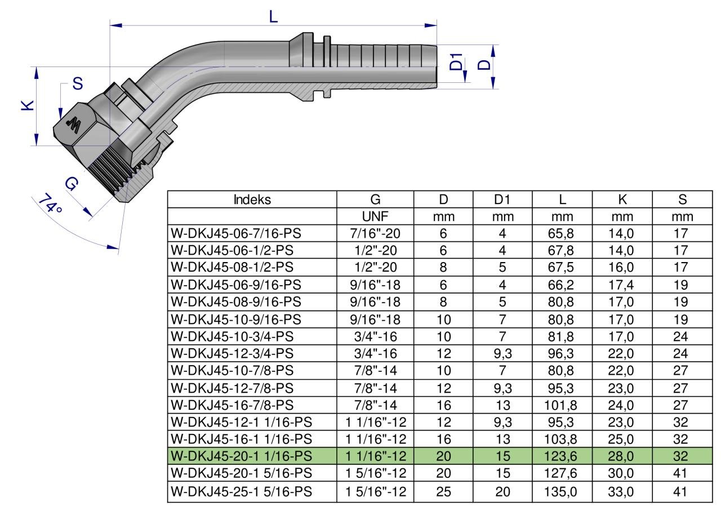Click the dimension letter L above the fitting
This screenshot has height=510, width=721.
point(273,16)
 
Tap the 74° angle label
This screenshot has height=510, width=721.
point(50,203)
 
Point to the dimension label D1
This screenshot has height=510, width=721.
point(456,62)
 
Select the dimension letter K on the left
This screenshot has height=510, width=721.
point(28,105)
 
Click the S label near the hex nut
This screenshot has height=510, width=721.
point(78,84)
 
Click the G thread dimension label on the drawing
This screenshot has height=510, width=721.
point(71,184)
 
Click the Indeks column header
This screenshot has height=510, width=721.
point(252,199)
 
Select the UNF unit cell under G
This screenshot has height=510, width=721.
point(375,217)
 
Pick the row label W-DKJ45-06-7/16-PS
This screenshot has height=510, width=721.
point(236,233)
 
